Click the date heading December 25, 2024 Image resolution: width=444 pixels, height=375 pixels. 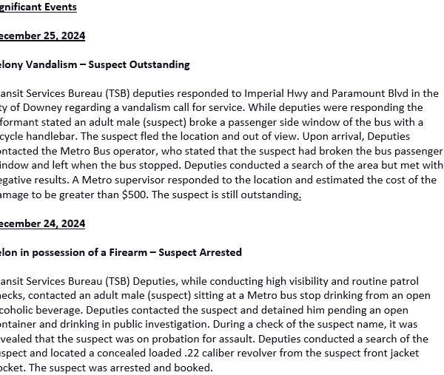coord(42,36)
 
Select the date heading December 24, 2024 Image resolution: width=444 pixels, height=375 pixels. coord(42,223)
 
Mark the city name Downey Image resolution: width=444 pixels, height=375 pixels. coord(41,108)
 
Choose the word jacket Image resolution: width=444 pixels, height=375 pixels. coord(420,354)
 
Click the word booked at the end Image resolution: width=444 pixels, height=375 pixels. coord(195,368)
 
